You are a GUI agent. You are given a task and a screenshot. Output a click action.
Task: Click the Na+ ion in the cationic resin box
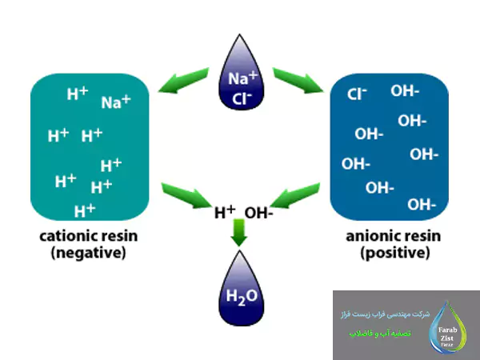115,102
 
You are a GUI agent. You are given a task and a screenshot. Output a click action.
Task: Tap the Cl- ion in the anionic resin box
357,94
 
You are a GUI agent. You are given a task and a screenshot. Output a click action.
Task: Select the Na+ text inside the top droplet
242,78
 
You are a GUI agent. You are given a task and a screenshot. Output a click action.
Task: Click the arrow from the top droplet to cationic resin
186,79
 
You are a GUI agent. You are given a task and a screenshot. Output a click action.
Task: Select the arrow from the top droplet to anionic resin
296,79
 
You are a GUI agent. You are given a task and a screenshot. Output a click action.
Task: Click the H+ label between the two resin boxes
224,214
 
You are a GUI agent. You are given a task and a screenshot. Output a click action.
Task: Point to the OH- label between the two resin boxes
258,214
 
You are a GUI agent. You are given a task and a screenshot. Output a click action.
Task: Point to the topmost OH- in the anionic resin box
405,90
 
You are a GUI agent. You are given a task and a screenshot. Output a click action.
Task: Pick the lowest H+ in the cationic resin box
85,211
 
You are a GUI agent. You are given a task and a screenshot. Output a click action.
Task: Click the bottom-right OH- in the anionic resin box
422,204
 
